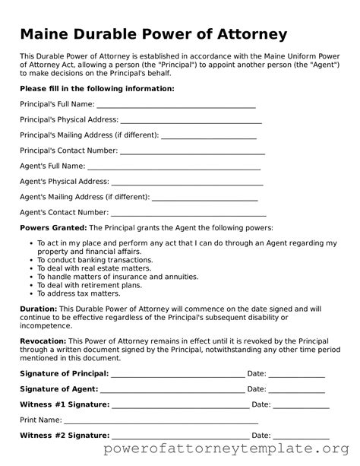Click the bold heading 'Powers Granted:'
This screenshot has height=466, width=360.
(53, 228)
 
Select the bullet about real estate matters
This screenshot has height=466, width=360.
(89, 268)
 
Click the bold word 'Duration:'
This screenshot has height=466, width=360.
(39, 309)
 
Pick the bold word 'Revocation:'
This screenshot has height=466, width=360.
(43, 341)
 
